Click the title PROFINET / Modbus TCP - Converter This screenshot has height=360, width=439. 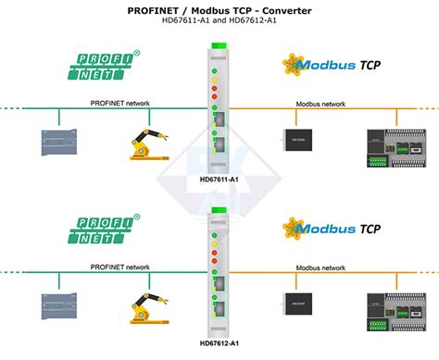[x=219, y=11]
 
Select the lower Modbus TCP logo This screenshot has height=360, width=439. [x=332, y=230]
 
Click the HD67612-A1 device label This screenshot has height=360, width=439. [x=219, y=344]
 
